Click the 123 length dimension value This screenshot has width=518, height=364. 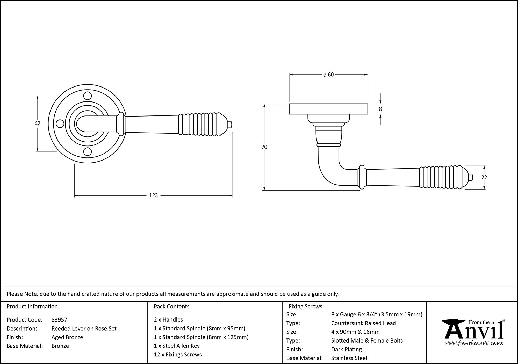(x=153, y=195)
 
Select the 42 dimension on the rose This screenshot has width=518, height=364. (x=38, y=123)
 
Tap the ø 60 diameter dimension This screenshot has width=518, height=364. (x=328, y=75)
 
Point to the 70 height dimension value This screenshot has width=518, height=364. (x=264, y=147)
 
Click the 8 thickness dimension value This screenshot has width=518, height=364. (x=380, y=109)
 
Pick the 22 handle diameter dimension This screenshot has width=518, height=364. (x=484, y=177)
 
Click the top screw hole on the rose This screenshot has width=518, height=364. (x=88, y=96)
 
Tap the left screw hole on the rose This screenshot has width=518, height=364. (x=60, y=124)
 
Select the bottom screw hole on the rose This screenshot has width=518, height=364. (x=88, y=151)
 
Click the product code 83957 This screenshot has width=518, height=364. (x=59, y=320)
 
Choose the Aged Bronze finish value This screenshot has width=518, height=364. (x=67, y=337)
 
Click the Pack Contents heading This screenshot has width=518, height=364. (x=171, y=307)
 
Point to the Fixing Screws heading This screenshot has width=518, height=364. (x=305, y=307)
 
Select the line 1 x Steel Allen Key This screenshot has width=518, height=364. (x=177, y=346)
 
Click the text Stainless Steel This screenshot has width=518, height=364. (x=349, y=358)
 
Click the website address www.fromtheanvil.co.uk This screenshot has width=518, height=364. (x=474, y=343)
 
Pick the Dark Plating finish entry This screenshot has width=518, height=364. (x=346, y=349)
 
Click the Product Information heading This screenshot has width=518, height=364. (x=32, y=307)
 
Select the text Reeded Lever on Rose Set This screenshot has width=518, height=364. (x=84, y=329)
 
